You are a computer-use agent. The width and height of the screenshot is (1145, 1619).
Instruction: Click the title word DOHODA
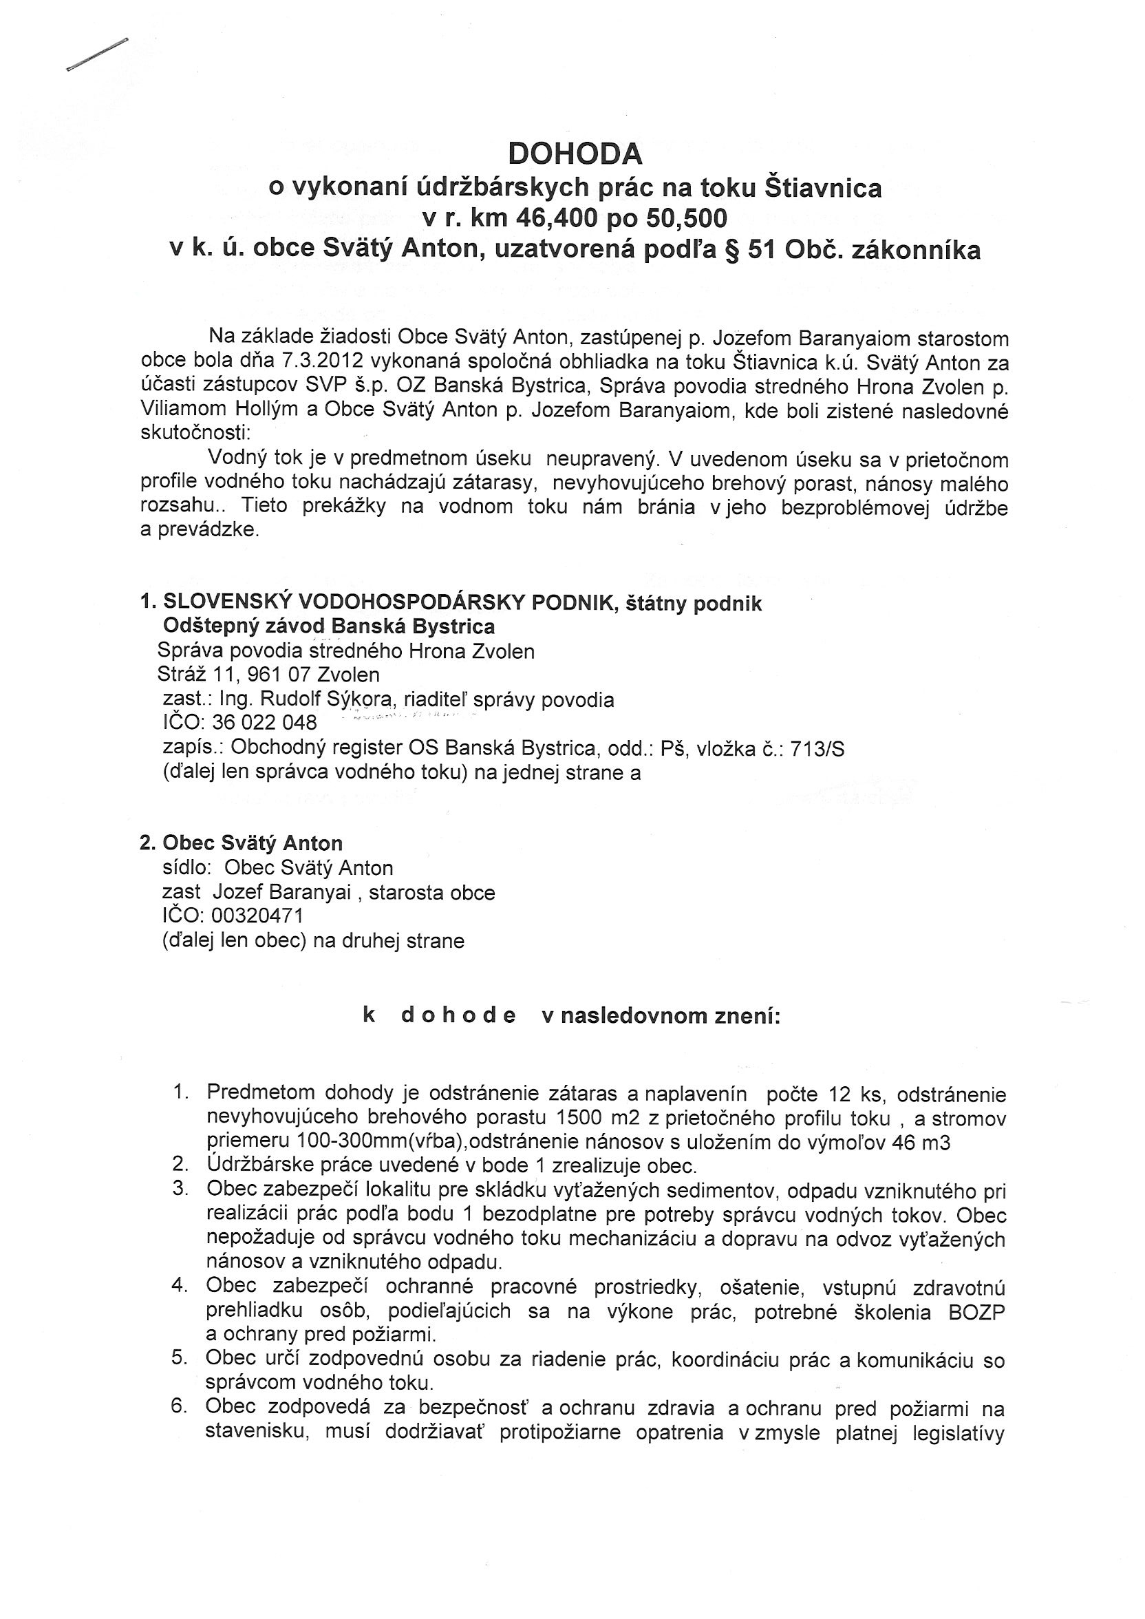coord(575,154)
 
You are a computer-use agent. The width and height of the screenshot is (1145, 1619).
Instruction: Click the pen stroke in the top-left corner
coord(97,54)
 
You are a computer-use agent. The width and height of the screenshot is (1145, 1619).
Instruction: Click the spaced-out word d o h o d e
coord(458,1016)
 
